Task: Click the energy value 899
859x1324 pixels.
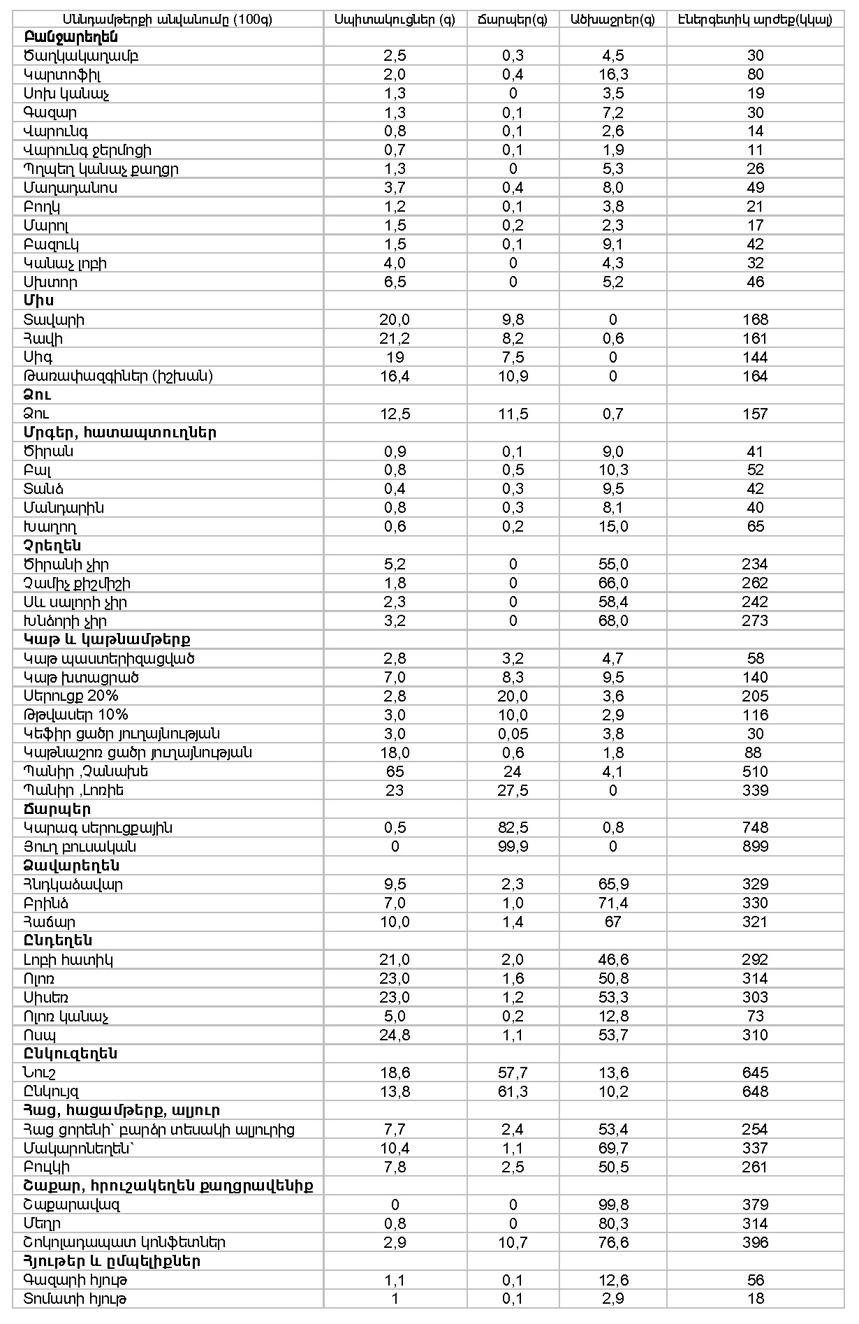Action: pos(755,847)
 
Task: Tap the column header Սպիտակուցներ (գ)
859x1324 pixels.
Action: pos(395,20)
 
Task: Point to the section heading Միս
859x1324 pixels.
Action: pos(38,300)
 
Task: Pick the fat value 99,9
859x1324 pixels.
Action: pos(513,847)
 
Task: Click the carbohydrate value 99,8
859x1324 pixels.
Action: pos(612,1205)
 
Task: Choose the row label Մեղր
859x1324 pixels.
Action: pos(43,1223)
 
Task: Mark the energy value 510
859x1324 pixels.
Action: pos(755,771)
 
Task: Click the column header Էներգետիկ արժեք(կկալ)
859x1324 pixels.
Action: pos(755,20)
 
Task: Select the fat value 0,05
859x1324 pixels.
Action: pos(513,734)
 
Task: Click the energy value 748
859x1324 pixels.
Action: pos(755,828)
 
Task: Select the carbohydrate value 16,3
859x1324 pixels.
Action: pos(612,75)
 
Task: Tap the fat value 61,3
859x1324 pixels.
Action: pos(513,1091)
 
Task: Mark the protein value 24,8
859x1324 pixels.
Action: pos(395,1035)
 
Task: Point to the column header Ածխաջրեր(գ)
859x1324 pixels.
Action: pos(612,20)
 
